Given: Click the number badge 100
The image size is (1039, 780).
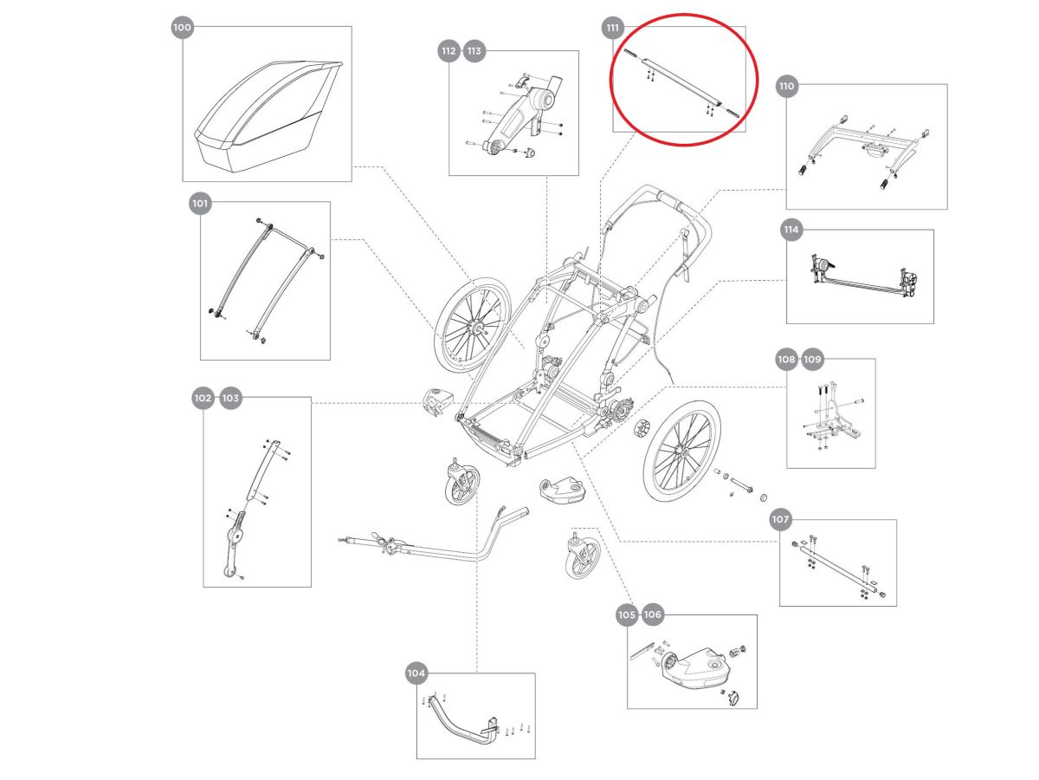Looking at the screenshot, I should (x=182, y=28).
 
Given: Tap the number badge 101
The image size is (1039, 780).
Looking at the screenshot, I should (x=200, y=204).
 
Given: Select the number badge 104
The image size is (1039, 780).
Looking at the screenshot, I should (x=416, y=673).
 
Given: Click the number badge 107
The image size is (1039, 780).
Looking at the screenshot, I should (x=780, y=520).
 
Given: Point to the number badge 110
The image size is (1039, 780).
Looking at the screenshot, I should (x=786, y=86).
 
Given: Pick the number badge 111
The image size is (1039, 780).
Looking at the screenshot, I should (x=612, y=28).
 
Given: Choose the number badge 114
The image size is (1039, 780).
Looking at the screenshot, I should (x=791, y=231).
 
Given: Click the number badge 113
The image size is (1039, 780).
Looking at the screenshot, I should (x=474, y=51).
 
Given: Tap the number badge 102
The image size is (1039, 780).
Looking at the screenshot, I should (x=203, y=398).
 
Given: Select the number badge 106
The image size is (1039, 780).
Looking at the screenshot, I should (x=653, y=614).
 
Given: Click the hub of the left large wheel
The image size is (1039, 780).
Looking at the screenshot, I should (x=475, y=328).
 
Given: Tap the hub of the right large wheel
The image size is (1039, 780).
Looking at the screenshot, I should (x=683, y=453).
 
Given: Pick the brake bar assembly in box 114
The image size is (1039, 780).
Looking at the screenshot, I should (x=861, y=278).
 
